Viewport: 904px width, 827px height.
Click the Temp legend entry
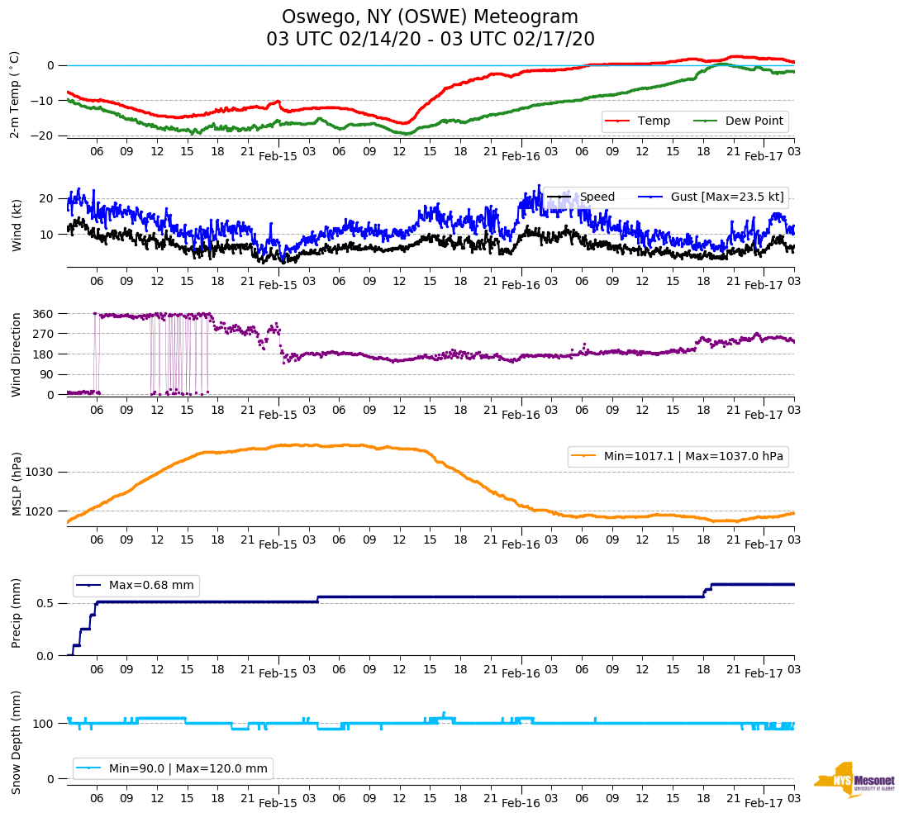(641, 121)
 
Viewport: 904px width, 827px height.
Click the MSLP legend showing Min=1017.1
(678, 457)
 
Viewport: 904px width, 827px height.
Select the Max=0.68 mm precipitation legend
(136, 586)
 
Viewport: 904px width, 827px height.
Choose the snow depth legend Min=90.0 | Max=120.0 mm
(173, 768)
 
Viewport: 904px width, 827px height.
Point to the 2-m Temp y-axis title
(15, 93)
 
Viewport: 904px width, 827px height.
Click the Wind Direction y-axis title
(17, 354)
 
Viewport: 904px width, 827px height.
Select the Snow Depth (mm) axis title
(17, 741)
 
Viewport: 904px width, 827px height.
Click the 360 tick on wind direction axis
(44, 314)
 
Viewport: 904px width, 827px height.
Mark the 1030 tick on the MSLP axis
(41, 473)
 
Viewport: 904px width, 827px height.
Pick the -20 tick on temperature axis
(44, 135)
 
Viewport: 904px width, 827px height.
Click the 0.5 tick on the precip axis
(46, 603)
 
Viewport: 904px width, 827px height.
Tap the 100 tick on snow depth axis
(44, 724)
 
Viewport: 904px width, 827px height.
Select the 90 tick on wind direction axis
(47, 374)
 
